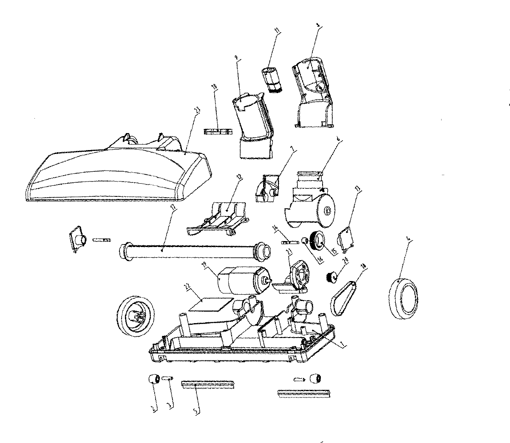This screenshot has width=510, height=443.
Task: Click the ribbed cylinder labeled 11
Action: [272, 79]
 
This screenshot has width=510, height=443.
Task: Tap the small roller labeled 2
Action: [153, 378]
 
